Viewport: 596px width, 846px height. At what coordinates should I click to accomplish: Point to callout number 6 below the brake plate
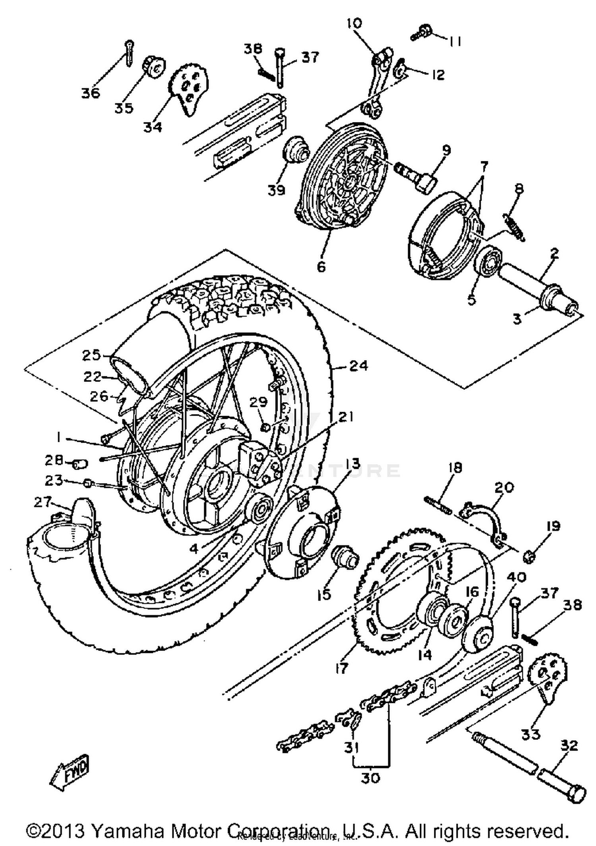pos(321,266)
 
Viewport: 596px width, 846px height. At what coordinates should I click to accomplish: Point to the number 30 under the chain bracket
pos(370,778)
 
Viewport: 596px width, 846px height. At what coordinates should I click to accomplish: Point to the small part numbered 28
pos(79,463)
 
